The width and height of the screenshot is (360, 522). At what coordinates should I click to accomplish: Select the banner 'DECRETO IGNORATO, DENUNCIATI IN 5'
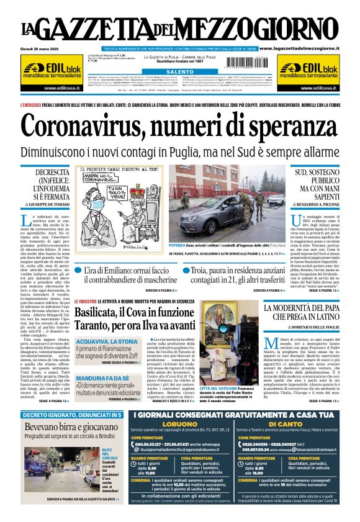pos(70,414)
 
